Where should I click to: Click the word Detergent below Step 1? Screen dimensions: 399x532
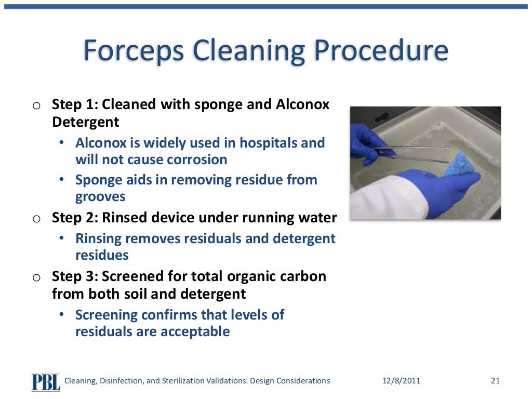click(x=85, y=122)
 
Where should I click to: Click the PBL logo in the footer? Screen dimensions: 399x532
click(x=46, y=381)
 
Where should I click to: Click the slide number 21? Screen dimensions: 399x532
click(x=495, y=381)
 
